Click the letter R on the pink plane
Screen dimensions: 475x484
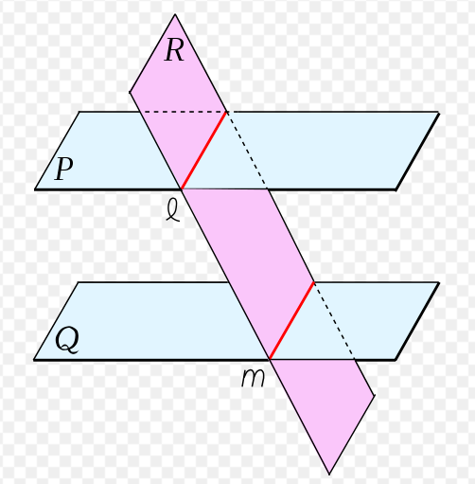pos(174,50)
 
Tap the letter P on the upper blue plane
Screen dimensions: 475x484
pos(64,169)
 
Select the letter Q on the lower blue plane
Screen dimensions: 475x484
pos(67,340)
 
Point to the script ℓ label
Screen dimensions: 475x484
pos(173,211)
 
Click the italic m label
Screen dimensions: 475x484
pos(253,378)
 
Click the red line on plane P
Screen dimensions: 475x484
pos(204,151)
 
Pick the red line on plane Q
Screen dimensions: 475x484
pos(292,320)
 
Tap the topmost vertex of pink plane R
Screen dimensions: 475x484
pos(175,14)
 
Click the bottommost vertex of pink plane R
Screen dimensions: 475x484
pos(329,474)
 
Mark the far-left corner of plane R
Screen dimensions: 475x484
pos(130,92)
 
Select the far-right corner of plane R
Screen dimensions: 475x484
pos(375,396)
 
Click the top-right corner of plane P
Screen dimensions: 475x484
pos(439,112)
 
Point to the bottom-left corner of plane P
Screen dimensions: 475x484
pos(35,189)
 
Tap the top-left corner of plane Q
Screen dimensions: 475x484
pos(79,282)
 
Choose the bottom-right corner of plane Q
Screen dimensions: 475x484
pos(396,360)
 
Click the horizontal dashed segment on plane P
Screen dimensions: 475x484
pos(183,112)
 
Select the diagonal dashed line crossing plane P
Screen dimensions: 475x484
pos(247,151)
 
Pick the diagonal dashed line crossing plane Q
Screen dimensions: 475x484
pos(335,320)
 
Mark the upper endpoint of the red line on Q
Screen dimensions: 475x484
pos(314,282)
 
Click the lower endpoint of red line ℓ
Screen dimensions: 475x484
pos(182,188)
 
